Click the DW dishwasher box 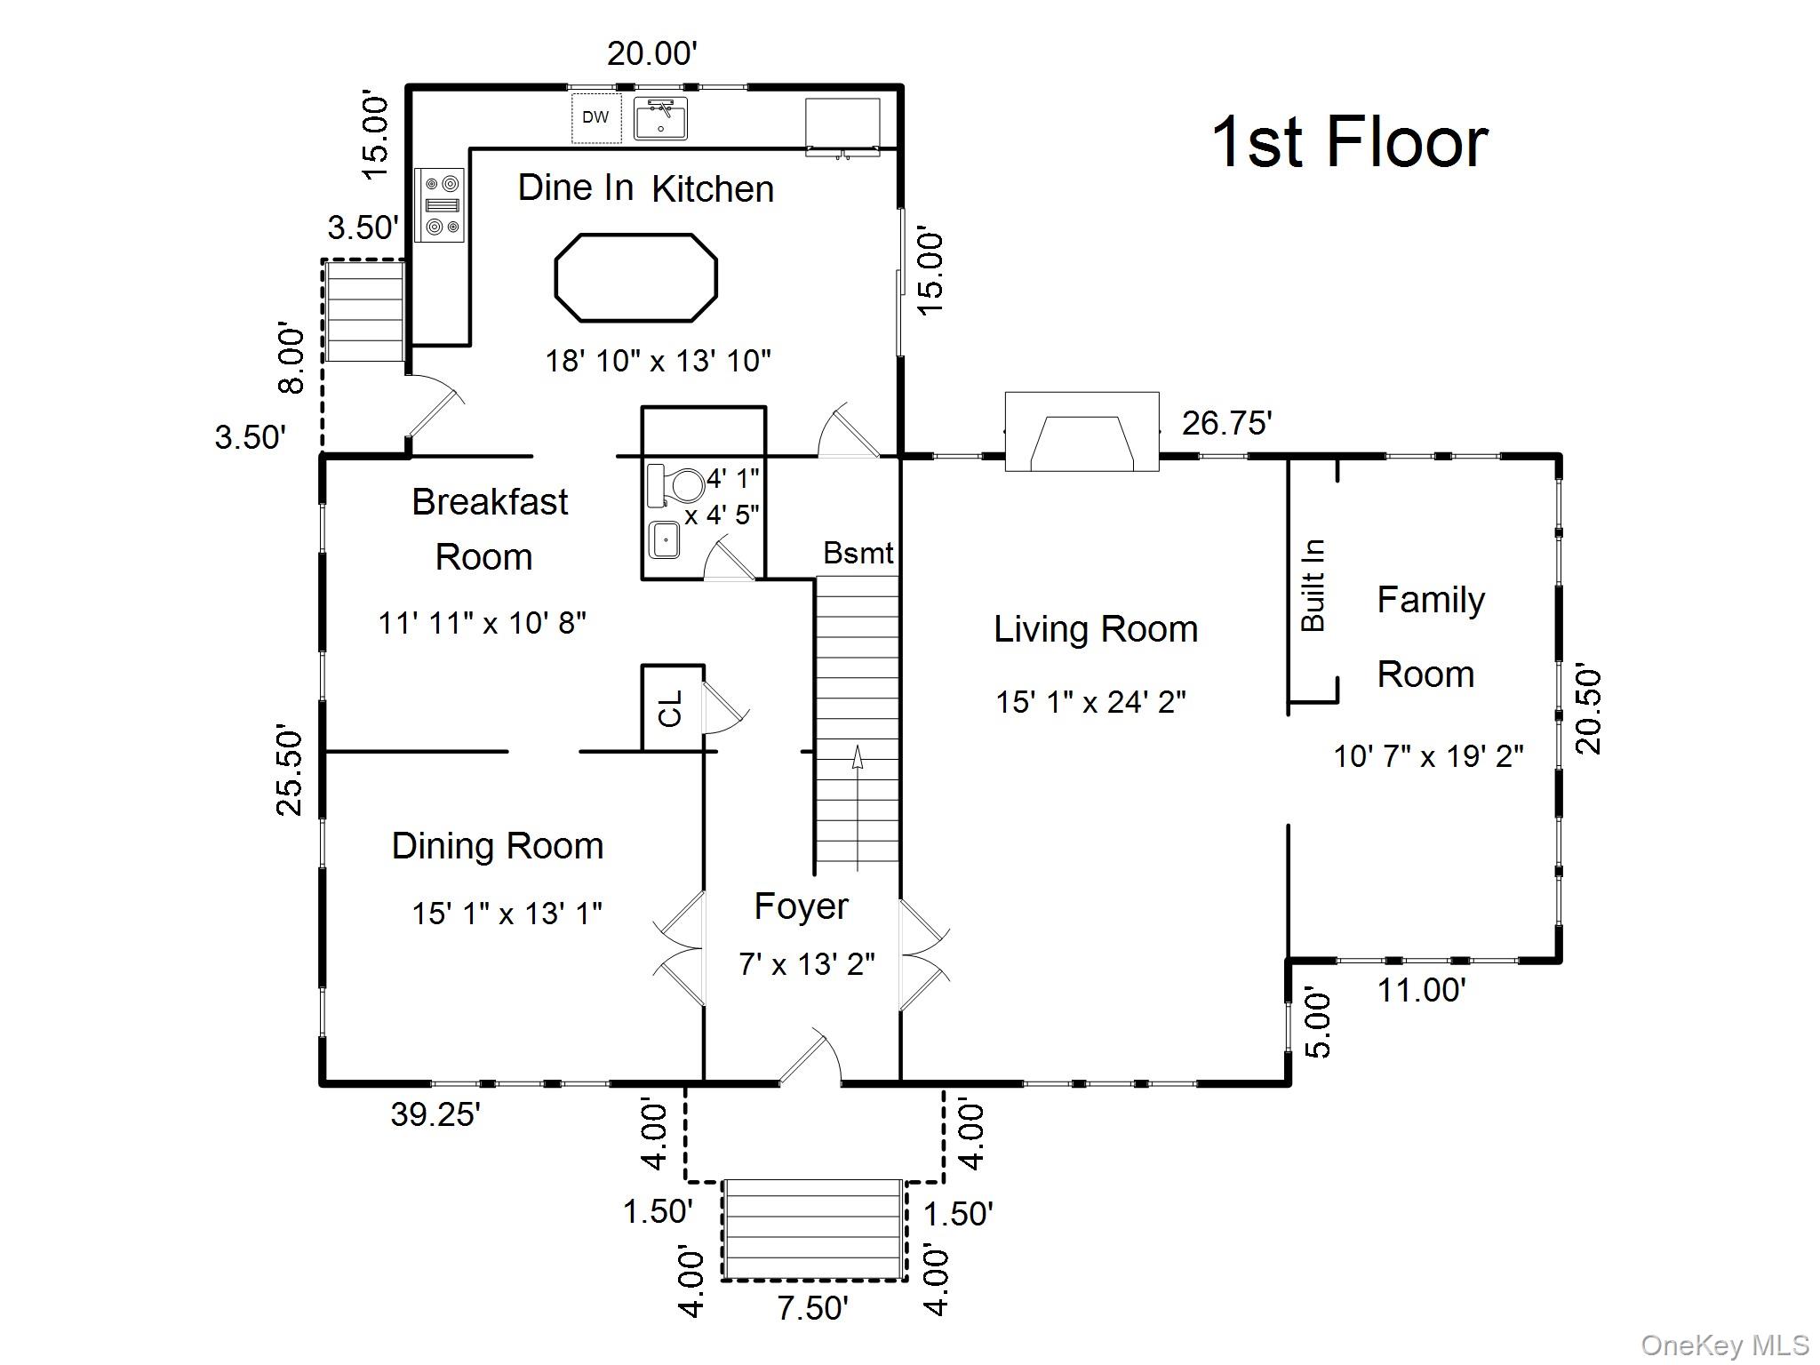coord(595,116)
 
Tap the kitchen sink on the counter coord(660,119)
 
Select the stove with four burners coord(440,205)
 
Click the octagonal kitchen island coord(636,277)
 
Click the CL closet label coord(671,708)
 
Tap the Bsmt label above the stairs coord(858,553)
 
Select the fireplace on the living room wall coord(1082,432)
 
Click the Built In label coord(1313,586)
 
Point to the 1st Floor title coord(1350,142)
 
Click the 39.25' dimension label coord(435,1114)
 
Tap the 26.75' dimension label coord(1226,423)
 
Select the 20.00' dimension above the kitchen coord(652,54)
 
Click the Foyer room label coord(801,907)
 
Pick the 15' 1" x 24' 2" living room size coord(1090,702)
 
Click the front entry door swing coord(810,1057)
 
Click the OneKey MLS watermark coord(1724,1345)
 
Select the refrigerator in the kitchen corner coord(842,127)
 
